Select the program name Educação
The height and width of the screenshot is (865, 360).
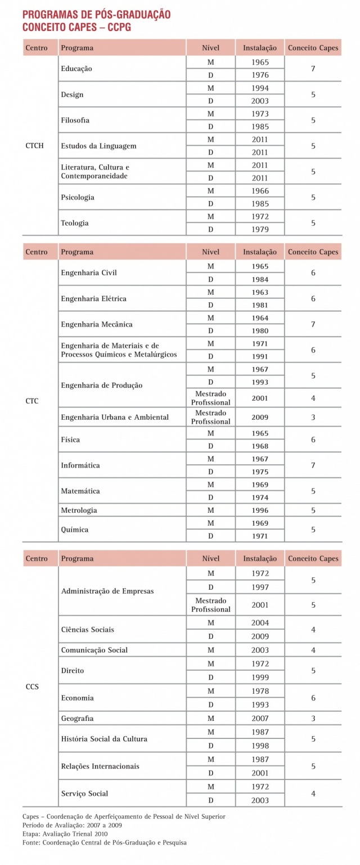[x=76, y=69]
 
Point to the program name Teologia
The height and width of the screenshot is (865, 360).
[x=75, y=223]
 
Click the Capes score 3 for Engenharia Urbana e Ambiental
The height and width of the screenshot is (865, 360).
[x=313, y=418]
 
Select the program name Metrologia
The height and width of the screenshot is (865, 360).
[x=79, y=510]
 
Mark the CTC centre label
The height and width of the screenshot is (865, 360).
[x=32, y=401]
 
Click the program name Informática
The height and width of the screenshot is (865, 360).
[x=80, y=465]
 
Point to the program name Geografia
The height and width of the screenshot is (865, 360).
[x=77, y=719]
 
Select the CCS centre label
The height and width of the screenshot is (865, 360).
[x=32, y=687]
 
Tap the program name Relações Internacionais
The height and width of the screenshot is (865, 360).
[x=100, y=767]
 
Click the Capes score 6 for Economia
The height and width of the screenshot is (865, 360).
[x=313, y=698]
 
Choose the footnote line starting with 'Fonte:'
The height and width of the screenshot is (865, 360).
[x=105, y=842]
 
